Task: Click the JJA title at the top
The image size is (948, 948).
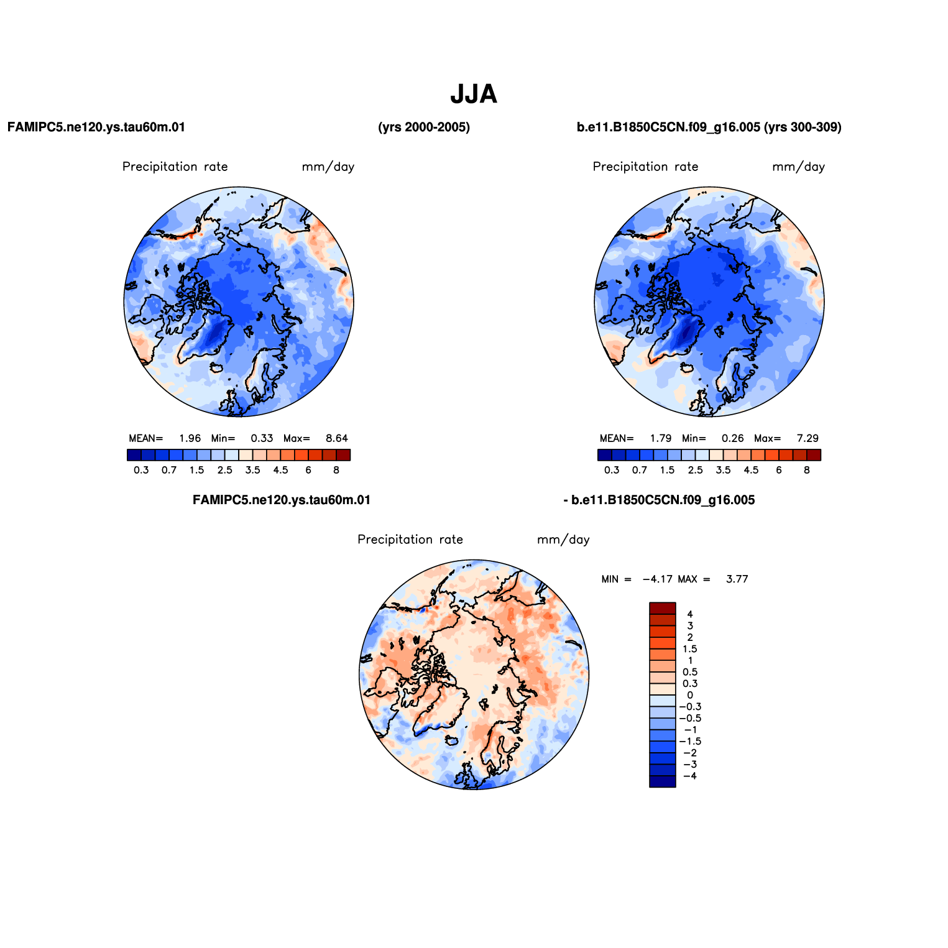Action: point(474,94)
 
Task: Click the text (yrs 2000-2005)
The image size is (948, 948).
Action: point(424,127)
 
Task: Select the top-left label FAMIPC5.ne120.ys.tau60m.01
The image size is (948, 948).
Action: point(96,127)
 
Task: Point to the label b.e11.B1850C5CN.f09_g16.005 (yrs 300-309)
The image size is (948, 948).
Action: point(709,127)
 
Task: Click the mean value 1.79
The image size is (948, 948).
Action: point(661,438)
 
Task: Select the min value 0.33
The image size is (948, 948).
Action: point(262,438)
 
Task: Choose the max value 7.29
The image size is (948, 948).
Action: point(808,438)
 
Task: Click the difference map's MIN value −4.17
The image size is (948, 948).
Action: point(658,579)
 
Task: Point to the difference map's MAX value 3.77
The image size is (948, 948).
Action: point(737,579)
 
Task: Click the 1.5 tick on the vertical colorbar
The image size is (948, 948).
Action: point(690,649)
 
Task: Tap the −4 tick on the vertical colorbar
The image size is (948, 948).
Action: point(690,776)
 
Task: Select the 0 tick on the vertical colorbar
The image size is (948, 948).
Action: point(690,695)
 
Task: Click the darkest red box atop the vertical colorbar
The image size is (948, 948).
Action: point(663,609)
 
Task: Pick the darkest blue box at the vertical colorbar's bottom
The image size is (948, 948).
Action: point(663,781)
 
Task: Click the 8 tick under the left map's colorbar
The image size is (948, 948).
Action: point(336,470)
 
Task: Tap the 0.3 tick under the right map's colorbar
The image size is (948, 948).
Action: point(612,470)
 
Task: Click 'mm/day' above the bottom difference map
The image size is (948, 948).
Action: point(563,540)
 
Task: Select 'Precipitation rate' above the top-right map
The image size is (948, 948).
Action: point(645,167)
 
